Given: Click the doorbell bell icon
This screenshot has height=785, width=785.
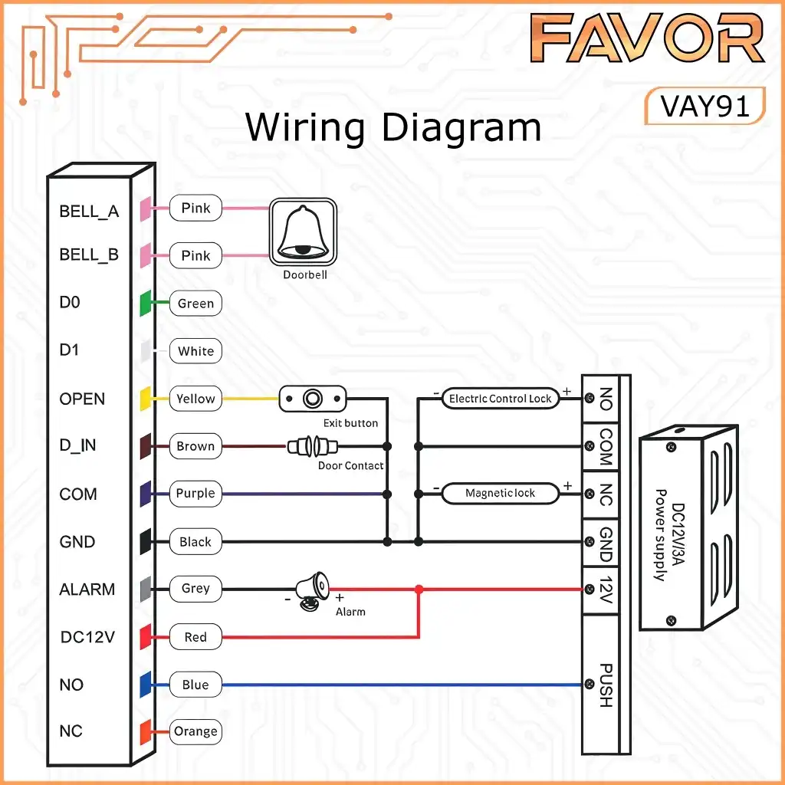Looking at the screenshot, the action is (303, 232).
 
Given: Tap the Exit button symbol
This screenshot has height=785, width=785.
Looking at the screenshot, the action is (313, 399).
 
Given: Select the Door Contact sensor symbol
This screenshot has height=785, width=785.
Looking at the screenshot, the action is (313, 446).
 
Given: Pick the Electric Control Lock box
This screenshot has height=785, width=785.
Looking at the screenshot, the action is (500, 399).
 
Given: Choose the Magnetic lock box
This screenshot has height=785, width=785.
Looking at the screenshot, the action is (500, 493).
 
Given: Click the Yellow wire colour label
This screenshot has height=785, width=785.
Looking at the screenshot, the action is (195, 399).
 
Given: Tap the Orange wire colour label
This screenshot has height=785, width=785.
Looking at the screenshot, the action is (195, 731).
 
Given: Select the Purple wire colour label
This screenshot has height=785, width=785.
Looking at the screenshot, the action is (195, 494).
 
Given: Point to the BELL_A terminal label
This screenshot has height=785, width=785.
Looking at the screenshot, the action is (89, 212).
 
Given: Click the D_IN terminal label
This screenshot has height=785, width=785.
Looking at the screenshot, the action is (77, 445).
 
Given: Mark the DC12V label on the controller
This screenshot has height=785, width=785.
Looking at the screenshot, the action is (87, 637).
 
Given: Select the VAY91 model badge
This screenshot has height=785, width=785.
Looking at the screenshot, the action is (705, 106).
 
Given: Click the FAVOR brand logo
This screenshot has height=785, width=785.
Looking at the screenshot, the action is (647, 38).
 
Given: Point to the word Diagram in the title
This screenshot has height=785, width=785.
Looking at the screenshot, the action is (461, 128).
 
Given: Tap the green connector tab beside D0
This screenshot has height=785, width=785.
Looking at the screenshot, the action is (145, 303).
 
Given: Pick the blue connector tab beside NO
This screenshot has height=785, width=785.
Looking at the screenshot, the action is (145, 685).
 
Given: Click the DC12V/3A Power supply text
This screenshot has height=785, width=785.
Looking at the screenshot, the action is (669, 534).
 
